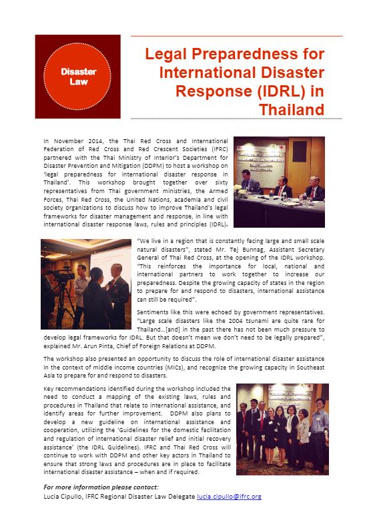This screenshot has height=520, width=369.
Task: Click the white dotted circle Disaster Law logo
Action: tap(78, 76)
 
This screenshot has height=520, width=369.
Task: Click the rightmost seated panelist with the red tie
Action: tap(313, 187)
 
